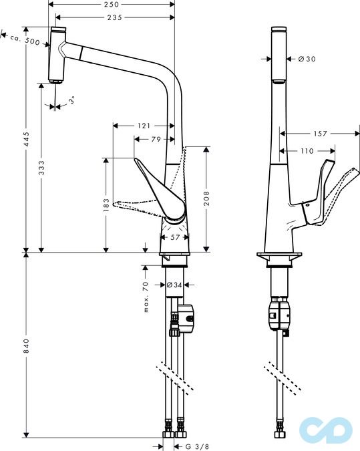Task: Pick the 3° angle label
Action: [71, 100]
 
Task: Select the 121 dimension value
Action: [143, 126]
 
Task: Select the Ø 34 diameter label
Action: [174, 285]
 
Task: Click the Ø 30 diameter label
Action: [307, 59]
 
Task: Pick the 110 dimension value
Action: [307, 151]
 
